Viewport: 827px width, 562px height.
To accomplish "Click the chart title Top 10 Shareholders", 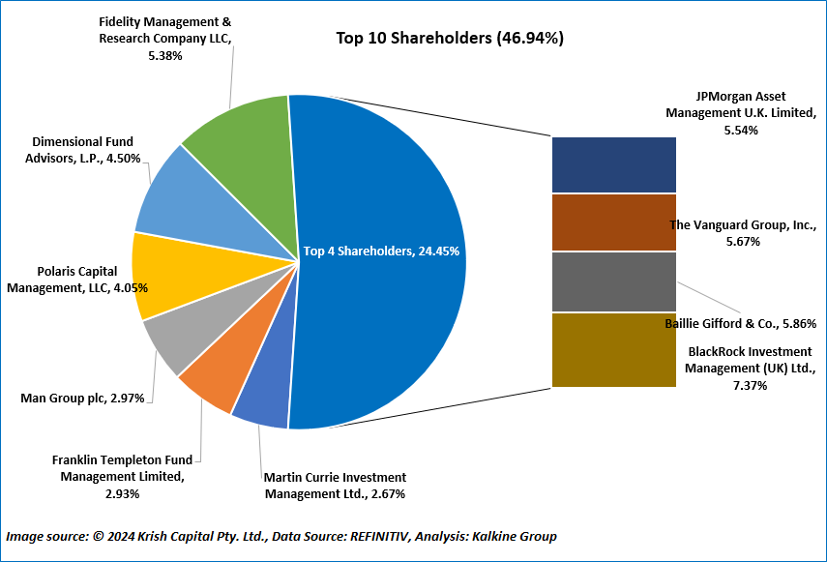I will click(x=450, y=39).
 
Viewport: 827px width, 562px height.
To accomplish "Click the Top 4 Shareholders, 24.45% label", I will click(x=381, y=251).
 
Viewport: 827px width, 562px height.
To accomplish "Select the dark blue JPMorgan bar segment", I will click(x=613, y=164).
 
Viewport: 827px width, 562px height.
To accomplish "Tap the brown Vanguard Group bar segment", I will click(x=613, y=222).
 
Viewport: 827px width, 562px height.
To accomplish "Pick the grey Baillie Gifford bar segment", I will click(x=613, y=281).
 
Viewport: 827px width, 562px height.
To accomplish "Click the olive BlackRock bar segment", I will click(x=613, y=349).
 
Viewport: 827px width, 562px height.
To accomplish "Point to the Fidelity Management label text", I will click(x=165, y=39).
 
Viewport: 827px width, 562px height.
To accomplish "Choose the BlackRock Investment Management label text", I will click(x=751, y=369).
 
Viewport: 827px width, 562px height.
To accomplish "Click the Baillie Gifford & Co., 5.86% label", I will click(x=741, y=324).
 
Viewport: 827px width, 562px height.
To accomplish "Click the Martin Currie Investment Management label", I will click(x=335, y=486).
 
